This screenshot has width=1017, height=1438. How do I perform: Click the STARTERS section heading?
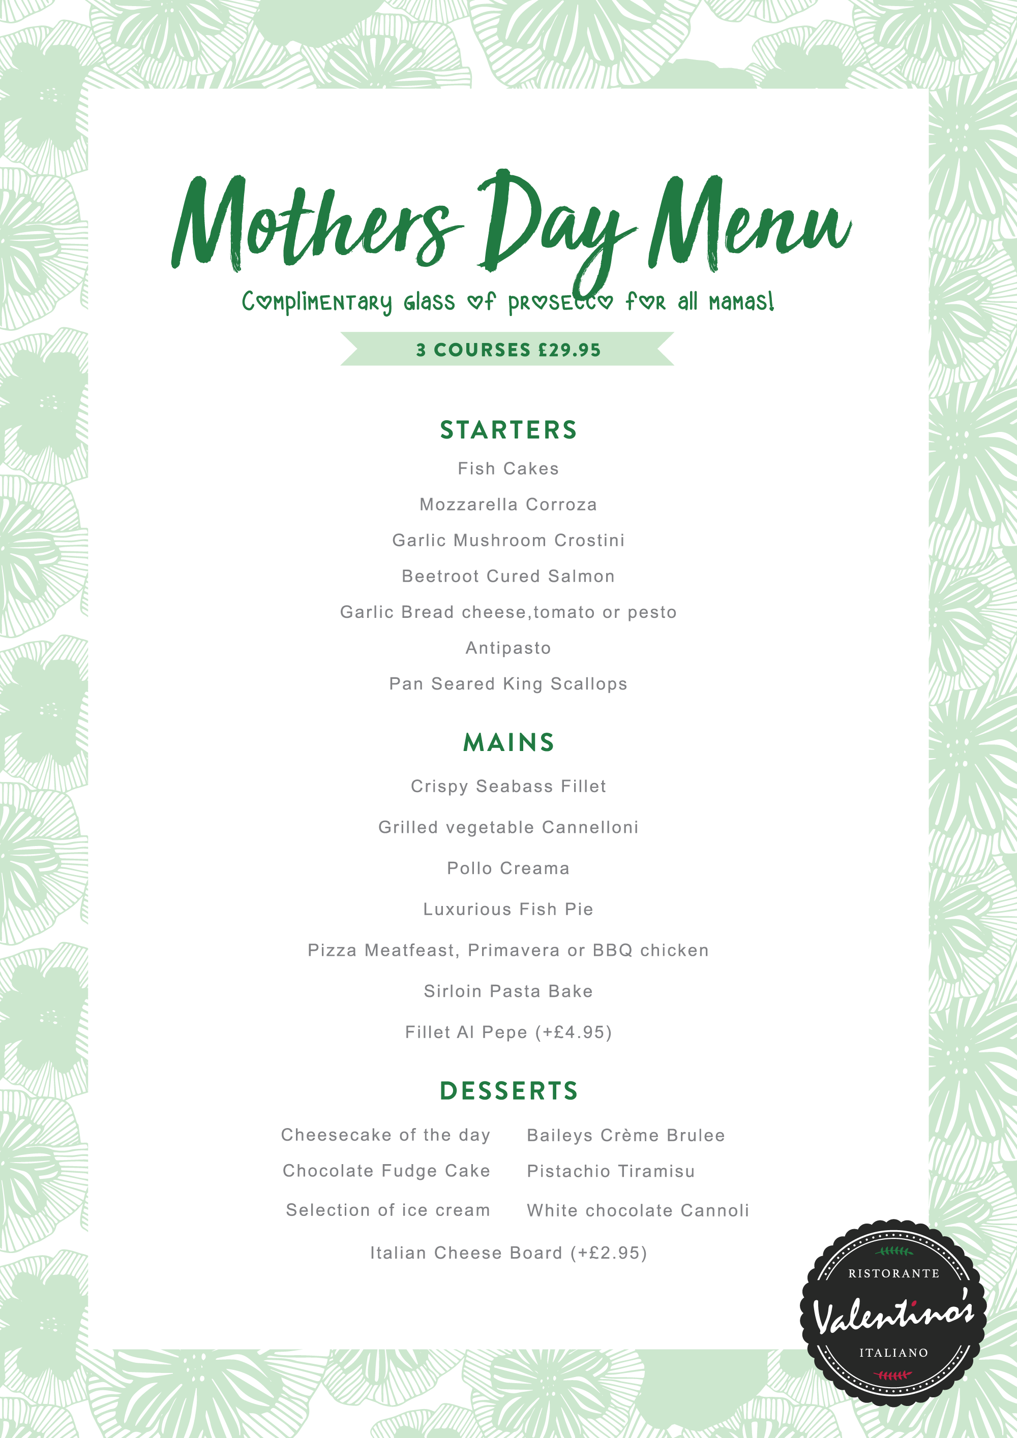pos(508,430)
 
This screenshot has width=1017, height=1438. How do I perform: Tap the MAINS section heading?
pos(508,743)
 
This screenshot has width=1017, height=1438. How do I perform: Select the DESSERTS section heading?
pos(508,1091)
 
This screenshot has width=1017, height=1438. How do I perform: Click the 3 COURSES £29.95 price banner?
pos(508,350)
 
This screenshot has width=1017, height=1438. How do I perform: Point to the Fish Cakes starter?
pos(508,468)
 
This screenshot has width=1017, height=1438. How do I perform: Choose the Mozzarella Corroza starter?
pos(508,504)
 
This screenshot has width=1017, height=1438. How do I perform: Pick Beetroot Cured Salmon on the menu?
pos(508,576)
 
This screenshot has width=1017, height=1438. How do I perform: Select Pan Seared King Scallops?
pos(508,684)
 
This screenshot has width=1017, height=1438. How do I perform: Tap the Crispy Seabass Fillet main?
pos(508,786)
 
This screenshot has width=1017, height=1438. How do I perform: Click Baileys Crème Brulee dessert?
pos(625,1136)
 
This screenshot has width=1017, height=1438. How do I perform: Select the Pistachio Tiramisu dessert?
pos(611,1171)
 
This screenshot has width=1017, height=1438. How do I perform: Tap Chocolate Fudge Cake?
pos(386,1171)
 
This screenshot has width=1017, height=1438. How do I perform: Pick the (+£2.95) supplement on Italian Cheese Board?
pos(609,1253)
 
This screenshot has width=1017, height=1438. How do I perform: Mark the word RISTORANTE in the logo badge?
pos(893,1273)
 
